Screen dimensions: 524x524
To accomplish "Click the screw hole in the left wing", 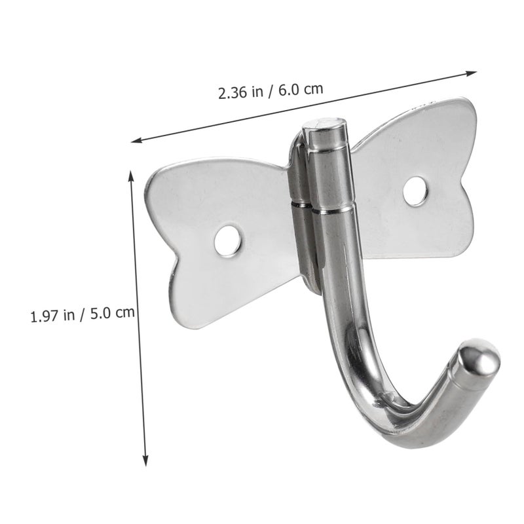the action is pos(227,240).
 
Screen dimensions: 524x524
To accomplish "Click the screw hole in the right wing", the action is pos(415,191).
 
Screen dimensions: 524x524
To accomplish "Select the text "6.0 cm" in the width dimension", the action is pos(301,89).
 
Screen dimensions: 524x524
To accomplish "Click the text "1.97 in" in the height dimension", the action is pos(52,315).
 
